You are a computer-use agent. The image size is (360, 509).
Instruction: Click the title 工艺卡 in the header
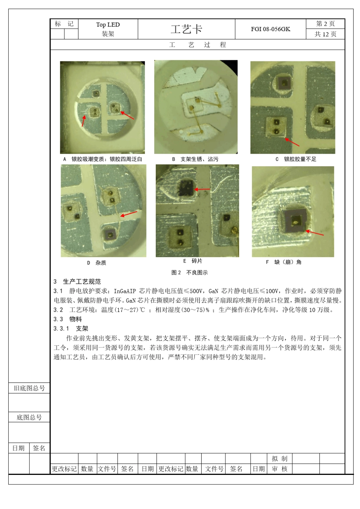point(186,29)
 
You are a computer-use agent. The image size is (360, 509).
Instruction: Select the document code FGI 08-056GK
point(270,29)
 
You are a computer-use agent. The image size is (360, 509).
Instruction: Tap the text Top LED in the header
point(108,25)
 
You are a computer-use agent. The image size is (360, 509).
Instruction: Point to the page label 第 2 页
point(325,23)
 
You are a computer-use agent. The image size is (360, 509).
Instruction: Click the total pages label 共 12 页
point(325,34)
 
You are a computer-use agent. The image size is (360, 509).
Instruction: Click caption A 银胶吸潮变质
point(103,159)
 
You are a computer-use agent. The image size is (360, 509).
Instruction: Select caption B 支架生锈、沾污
point(195,159)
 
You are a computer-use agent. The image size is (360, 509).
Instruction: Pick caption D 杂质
point(97,263)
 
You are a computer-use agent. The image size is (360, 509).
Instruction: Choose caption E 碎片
point(193,261)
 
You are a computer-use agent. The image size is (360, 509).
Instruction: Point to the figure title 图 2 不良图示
point(189,273)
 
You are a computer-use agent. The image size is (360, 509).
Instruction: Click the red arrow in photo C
point(292,142)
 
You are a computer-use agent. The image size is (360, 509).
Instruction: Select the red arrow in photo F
point(315,233)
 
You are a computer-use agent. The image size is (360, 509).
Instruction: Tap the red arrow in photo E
point(202,189)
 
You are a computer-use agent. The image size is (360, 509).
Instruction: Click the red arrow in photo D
point(129,214)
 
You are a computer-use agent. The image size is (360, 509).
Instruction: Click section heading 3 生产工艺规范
point(77,281)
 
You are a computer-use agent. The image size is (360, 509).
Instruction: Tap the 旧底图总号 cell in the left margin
point(29,388)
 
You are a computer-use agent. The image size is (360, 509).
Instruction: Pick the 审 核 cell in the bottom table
point(280,469)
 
